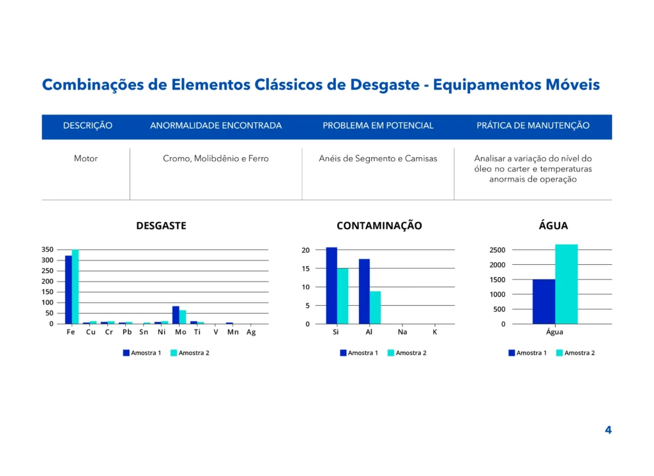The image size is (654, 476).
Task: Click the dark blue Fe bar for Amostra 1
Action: click(x=68, y=289)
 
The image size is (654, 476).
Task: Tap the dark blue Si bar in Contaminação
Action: click(x=331, y=285)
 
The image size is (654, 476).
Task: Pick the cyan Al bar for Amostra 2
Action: click(x=376, y=308)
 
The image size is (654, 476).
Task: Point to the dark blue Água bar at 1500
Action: click(x=544, y=301)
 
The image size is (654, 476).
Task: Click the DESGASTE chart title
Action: click(x=161, y=226)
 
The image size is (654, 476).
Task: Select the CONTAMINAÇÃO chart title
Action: click(x=379, y=226)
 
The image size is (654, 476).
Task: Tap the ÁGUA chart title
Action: click(x=553, y=226)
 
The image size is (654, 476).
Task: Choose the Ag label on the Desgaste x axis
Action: click(x=251, y=332)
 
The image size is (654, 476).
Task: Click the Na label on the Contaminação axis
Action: click(x=402, y=332)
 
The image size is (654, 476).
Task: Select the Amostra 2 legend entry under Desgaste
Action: click(x=190, y=353)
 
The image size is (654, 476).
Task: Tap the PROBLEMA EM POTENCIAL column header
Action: click(x=378, y=126)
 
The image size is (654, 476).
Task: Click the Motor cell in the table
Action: click(x=86, y=159)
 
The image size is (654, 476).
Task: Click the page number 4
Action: click(x=608, y=430)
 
